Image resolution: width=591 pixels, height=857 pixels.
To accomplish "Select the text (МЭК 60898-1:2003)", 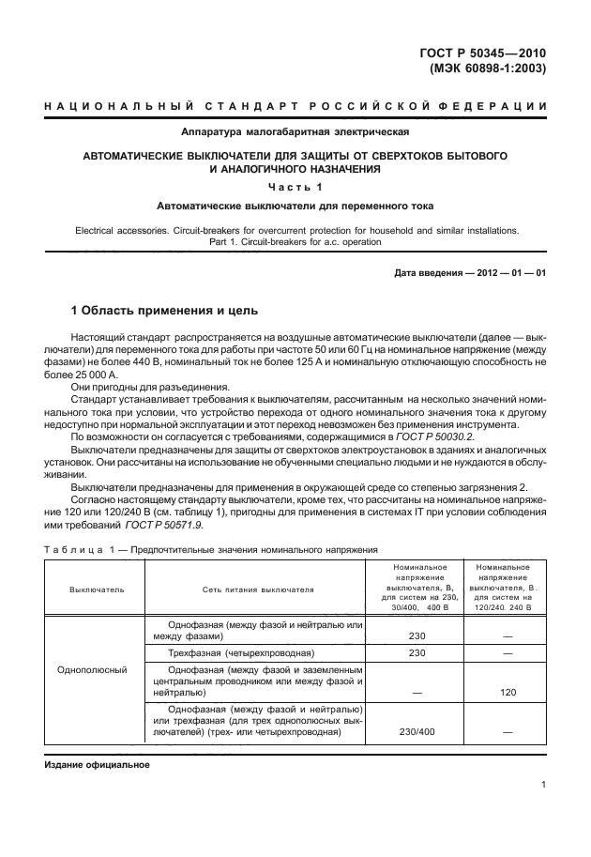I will pyautogui.click(x=489, y=69).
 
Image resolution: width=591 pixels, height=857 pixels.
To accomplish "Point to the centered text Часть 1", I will pyautogui.click(x=295, y=187).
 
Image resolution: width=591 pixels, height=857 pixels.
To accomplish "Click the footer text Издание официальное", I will pyautogui.click(x=98, y=765).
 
